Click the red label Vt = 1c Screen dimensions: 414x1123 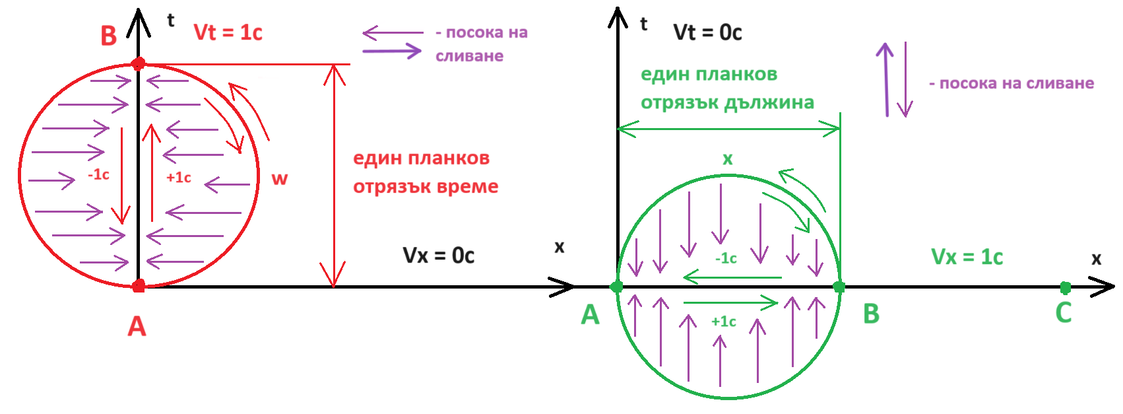click(x=228, y=32)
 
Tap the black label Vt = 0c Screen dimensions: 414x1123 click(x=707, y=32)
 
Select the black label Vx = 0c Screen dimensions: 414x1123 click(x=438, y=256)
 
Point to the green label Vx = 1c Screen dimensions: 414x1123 click(x=967, y=257)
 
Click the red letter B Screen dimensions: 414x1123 click(x=108, y=36)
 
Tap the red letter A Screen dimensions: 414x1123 click(x=137, y=326)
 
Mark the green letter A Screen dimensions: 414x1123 click(x=590, y=315)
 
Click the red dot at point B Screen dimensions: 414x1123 click(x=138, y=64)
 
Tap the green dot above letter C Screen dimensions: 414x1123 click(x=1065, y=287)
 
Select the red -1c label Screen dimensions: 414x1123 click(x=98, y=174)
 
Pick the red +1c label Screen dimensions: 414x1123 click(x=178, y=177)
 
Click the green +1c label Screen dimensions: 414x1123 click(x=723, y=322)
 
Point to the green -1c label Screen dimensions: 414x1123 click(x=726, y=258)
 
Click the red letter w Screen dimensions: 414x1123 click(x=279, y=178)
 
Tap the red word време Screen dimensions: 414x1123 click(x=465, y=187)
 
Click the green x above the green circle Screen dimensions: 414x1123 click(x=727, y=158)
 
